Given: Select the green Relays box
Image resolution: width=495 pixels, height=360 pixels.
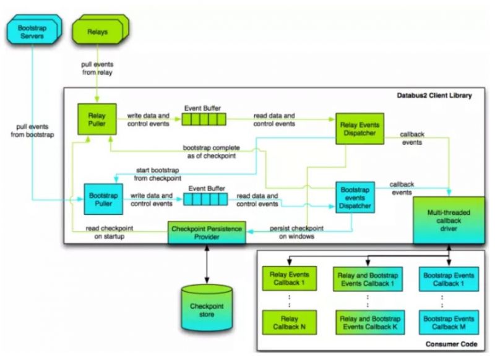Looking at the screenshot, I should (96, 30).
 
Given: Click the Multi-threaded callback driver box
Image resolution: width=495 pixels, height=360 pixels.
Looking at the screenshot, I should (448, 219).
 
